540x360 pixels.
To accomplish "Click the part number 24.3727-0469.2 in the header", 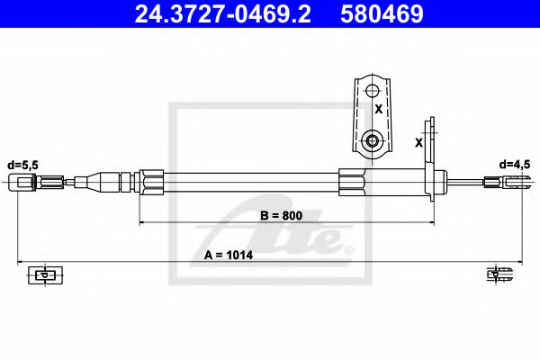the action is coord(223,13).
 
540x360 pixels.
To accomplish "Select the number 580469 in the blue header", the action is coord(382,13).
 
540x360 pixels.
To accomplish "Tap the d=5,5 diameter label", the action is coord(23,165).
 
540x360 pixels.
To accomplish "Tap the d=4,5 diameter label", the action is coord(515,165).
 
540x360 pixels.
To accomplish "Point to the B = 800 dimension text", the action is coord(281,216).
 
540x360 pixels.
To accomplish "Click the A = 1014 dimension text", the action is coord(229,256).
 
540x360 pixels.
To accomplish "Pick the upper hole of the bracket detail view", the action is coord(373,91).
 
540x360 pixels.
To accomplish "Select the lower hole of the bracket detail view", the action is coord(373,140).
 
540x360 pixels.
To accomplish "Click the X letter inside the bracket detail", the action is coord(379,109).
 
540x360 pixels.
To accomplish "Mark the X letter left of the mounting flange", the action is coord(418,142).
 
